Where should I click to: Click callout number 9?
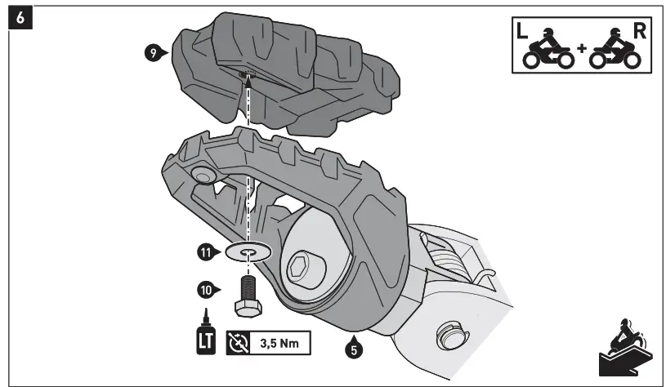[x=150, y=52]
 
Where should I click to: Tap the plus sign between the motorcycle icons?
[x=581, y=50]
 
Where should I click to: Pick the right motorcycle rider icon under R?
[x=615, y=52]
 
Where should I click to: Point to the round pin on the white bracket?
[x=449, y=334]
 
